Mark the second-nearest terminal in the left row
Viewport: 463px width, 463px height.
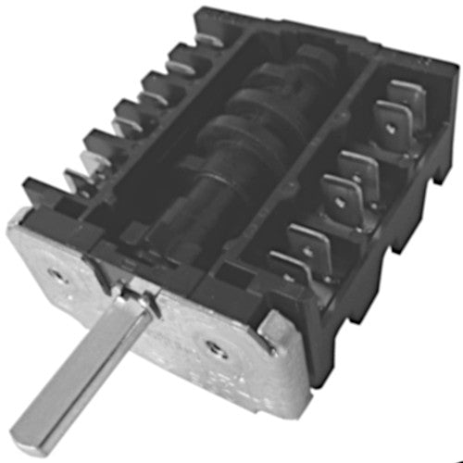point(98,146)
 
